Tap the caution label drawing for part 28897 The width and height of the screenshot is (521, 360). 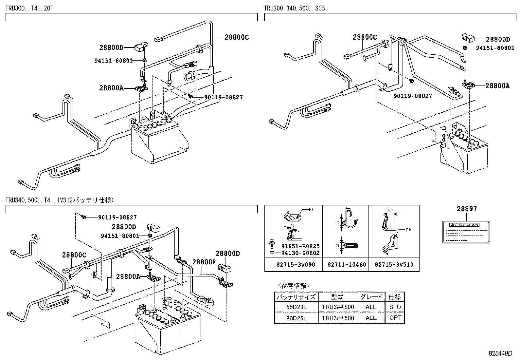click(x=466, y=232)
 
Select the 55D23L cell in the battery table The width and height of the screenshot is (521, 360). click(x=296, y=307)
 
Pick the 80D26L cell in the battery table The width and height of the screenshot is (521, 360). click(x=296, y=318)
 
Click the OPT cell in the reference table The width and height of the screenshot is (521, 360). click(x=395, y=318)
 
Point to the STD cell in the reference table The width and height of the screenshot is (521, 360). click(x=395, y=307)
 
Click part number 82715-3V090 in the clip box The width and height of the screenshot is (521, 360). click(x=294, y=264)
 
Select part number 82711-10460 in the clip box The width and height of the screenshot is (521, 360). click(x=346, y=264)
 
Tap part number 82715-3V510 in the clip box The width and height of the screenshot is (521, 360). click(x=394, y=264)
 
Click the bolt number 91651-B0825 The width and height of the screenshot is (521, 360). click(x=300, y=246)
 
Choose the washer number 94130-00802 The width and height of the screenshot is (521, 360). click(x=300, y=253)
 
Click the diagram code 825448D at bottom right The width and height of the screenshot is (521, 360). click(x=500, y=353)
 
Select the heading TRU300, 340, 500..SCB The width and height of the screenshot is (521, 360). click(x=294, y=8)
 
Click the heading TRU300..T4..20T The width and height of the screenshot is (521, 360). click(x=29, y=8)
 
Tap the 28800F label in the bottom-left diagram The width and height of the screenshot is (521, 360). click(x=204, y=262)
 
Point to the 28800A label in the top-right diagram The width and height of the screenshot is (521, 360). click(x=497, y=86)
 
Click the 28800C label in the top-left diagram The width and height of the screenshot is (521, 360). click(x=236, y=37)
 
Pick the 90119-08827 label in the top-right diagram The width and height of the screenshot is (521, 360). click(x=413, y=96)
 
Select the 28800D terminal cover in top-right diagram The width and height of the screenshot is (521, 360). click(x=468, y=38)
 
